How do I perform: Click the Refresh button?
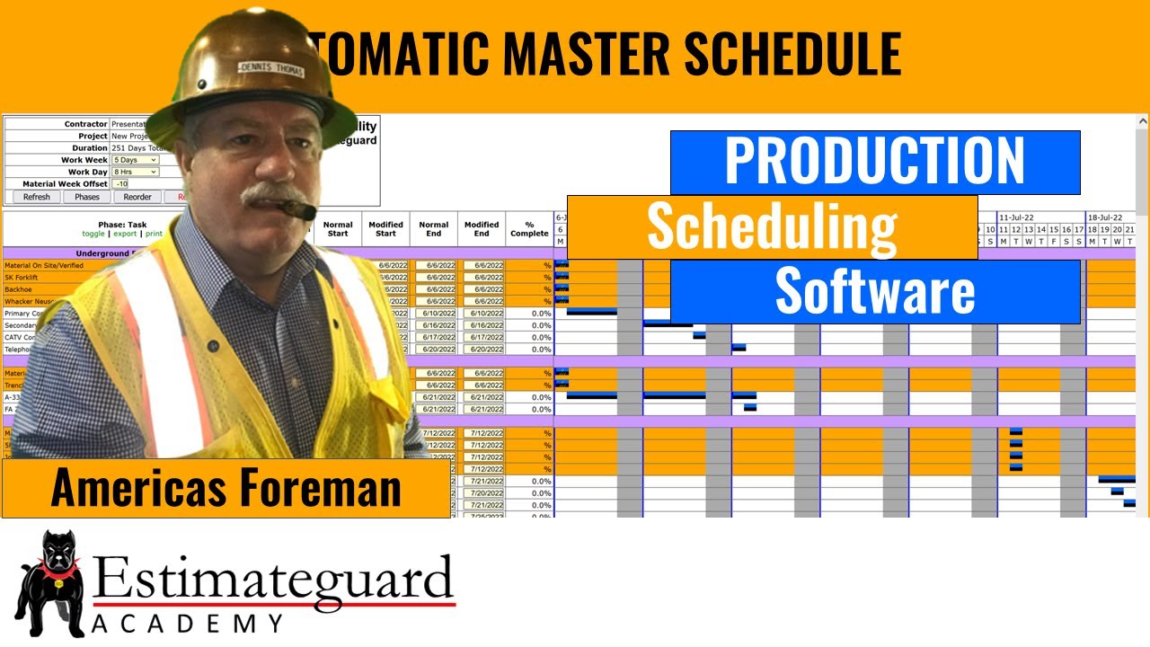coord(37,197)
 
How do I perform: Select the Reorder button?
coord(137,197)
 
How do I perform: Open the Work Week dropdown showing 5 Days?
coord(135,160)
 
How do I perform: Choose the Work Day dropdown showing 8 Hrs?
coord(135,172)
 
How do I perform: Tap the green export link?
coord(125,234)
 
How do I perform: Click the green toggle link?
coord(93,234)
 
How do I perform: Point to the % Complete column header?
coord(529,229)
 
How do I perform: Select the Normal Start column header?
coord(338,229)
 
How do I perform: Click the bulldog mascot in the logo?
coord(50,581)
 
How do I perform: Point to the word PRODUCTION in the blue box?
coord(874,162)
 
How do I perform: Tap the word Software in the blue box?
coord(874,291)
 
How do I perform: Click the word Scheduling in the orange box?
coord(772,226)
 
